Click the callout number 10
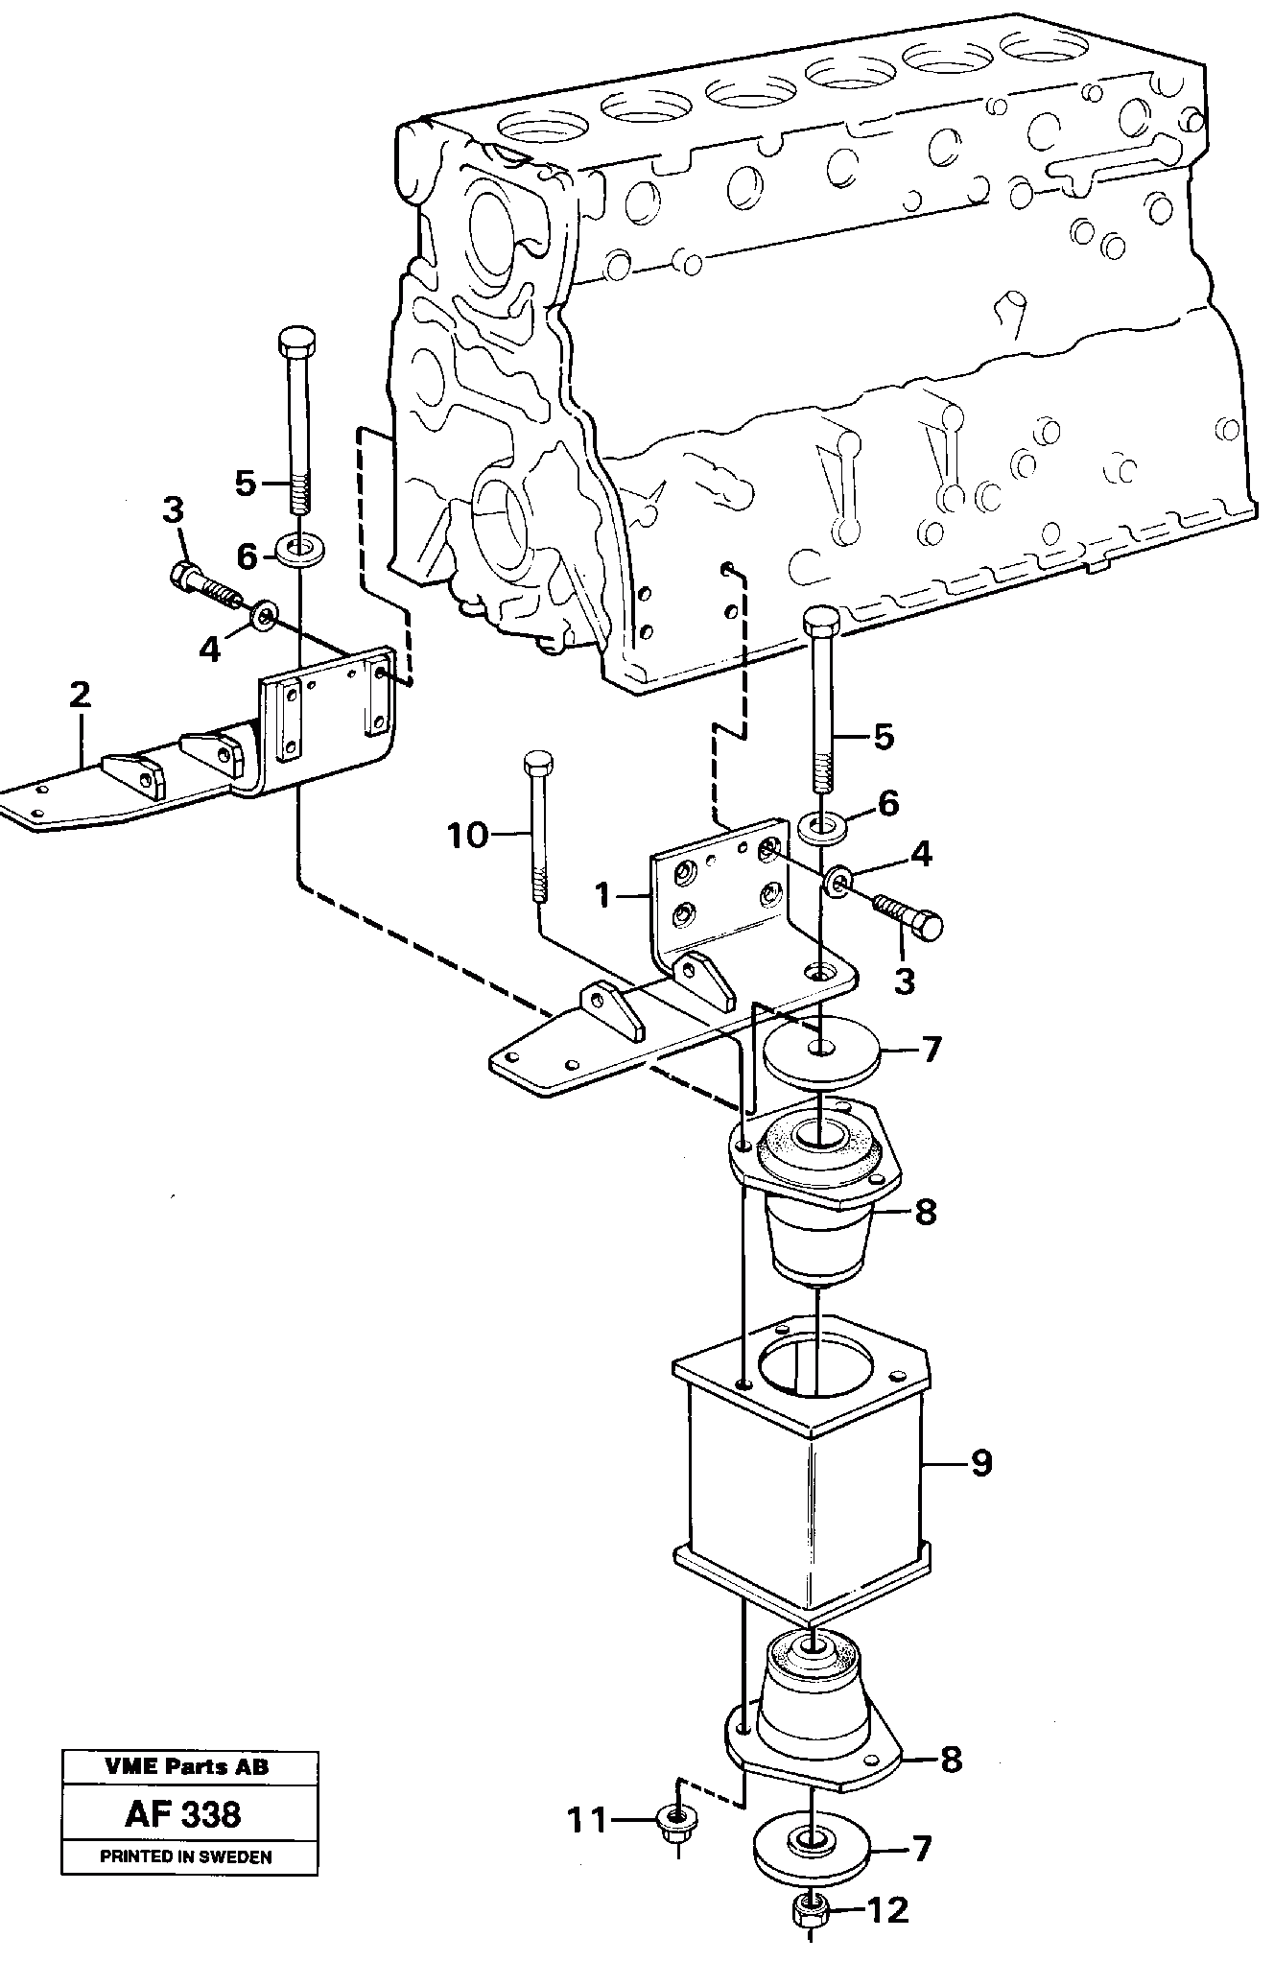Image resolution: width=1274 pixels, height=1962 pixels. pyautogui.click(x=467, y=836)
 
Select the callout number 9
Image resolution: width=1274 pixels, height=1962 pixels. pyautogui.click(x=980, y=1464)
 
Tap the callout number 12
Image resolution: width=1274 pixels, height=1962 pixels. pyautogui.click(x=887, y=1911)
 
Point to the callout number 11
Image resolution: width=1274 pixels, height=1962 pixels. pyautogui.click(x=586, y=1819)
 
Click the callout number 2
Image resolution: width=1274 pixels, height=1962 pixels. pyautogui.click(x=81, y=695)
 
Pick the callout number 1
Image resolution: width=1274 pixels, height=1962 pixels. pyautogui.click(x=602, y=896)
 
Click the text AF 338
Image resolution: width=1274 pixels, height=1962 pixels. pyautogui.click(x=183, y=1814)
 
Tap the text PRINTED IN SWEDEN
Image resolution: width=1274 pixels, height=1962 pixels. pyautogui.click(x=186, y=1856)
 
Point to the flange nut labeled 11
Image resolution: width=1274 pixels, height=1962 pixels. pyautogui.click(x=675, y=1816)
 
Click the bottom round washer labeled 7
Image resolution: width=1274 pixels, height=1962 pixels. pyautogui.click(x=811, y=1846)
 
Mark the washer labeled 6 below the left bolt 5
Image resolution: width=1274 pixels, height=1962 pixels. pyautogui.click(x=300, y=551)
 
